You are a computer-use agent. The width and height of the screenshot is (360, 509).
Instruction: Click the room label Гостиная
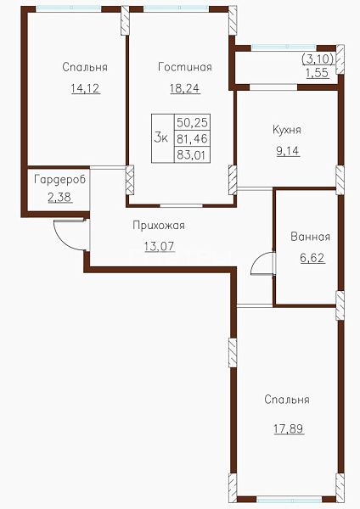185,67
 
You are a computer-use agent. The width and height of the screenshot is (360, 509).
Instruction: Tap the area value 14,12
86,88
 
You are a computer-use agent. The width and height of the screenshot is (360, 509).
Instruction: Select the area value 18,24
185,88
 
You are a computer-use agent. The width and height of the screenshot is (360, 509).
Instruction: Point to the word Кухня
287,130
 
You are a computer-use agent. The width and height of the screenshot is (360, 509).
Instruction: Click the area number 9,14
288,151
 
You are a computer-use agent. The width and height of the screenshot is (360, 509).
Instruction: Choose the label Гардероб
59,180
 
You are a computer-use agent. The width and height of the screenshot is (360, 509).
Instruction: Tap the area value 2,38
60,197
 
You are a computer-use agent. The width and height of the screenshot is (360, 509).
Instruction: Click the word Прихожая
159,226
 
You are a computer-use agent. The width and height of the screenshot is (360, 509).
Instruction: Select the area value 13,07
160,246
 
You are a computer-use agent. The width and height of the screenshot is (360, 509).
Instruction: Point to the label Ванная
310,237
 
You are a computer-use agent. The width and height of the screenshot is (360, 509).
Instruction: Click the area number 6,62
312,258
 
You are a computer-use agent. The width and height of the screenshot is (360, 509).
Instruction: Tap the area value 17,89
289,428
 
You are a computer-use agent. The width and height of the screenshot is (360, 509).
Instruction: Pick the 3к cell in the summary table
163,138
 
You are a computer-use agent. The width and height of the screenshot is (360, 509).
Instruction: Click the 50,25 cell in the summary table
193,122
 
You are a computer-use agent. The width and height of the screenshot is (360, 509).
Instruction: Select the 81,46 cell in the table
193,139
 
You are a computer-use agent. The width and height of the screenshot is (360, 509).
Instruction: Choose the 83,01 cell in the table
193,155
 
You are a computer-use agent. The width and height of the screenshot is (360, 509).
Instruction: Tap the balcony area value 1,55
317,73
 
